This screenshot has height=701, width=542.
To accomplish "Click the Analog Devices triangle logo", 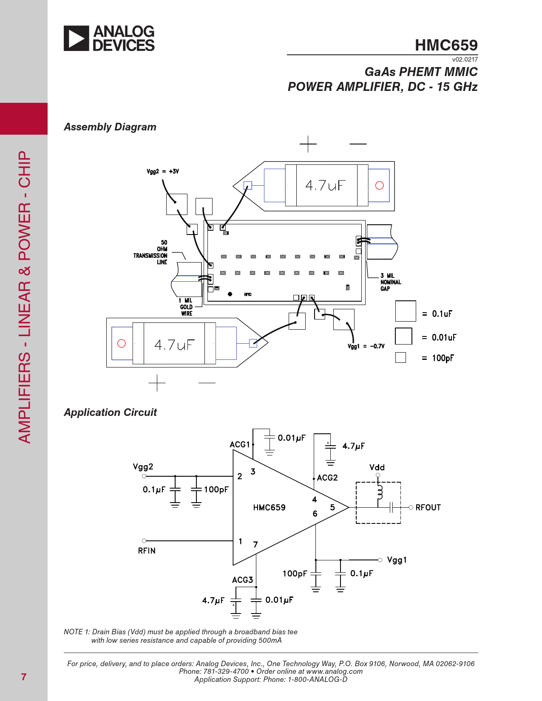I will coord(77,39).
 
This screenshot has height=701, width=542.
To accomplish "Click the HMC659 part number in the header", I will coord(446,45).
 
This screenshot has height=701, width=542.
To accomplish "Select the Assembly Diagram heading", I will coord(110,127).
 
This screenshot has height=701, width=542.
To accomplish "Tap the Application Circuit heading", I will coord(110,413).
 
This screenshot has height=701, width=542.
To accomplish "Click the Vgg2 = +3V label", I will coord(163,172).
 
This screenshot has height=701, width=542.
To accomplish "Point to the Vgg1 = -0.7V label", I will coord(366,346).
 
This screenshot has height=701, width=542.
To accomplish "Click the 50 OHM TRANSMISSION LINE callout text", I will coord(151,252).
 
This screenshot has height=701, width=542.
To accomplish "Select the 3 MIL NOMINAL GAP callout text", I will coord(390,282).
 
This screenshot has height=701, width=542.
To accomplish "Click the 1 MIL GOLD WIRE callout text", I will coord(186,307).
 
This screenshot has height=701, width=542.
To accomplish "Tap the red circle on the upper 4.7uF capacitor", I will coord(380,186).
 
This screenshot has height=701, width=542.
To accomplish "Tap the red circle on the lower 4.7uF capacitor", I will coord(122,343).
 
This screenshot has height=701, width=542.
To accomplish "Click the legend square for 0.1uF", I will coord(406,311).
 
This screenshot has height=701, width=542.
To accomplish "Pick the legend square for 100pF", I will coord(400,358).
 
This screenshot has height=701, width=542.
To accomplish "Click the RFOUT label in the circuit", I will coord(428,508).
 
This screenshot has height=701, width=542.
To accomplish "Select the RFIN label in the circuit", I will coord(147,551).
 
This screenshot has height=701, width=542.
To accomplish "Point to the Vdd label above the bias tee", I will coord(377,467).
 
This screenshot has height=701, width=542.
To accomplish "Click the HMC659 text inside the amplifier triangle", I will coord(269,508).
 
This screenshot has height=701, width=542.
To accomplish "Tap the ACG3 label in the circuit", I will coord(242,580).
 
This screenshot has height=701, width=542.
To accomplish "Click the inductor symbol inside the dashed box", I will coord(380,492).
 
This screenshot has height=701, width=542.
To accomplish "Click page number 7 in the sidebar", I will coord(24,677).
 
